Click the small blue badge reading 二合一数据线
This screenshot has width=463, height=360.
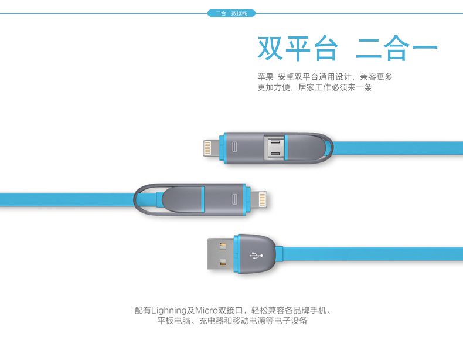point(231,13)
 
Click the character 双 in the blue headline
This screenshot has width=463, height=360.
point(273,49)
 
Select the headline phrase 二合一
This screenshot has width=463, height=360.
point(396,49)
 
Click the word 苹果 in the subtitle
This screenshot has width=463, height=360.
point(265,77)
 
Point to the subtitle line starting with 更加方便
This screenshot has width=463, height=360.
point(315,88)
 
